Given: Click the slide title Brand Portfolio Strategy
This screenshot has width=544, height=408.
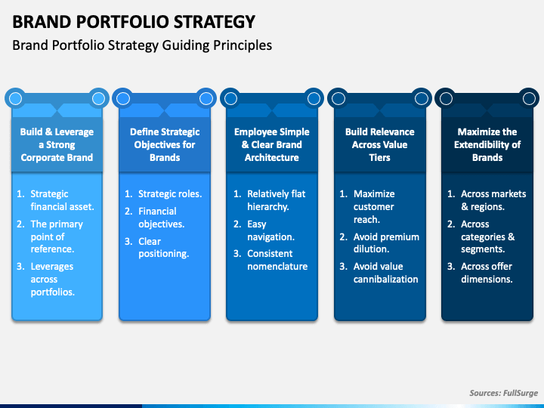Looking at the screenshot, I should [134, 21].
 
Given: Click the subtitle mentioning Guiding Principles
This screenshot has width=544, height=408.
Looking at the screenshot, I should [142, 45].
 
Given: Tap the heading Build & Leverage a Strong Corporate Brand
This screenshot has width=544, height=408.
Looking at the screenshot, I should [57, 144].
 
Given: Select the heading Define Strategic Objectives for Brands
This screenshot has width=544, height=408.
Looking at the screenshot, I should [165, 144].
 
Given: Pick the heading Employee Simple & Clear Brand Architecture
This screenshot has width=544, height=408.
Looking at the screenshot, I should [272, 144].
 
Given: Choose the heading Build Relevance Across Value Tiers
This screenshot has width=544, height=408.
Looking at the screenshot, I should [379, 144].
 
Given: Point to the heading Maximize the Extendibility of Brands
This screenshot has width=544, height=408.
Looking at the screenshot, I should [487, 144].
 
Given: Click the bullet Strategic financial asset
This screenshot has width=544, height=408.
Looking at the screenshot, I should [62, 200].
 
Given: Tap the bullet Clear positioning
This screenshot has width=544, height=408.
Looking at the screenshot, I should [162, 248].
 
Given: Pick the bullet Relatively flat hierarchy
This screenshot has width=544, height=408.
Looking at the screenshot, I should [276, 200].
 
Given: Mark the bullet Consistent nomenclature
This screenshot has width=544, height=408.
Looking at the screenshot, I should [277, 260].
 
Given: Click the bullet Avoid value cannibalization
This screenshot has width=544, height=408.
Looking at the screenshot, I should [385, 273].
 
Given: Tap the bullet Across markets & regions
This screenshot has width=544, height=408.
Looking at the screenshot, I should [493, 200].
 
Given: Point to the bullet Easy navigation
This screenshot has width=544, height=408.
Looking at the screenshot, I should [270, 230].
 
